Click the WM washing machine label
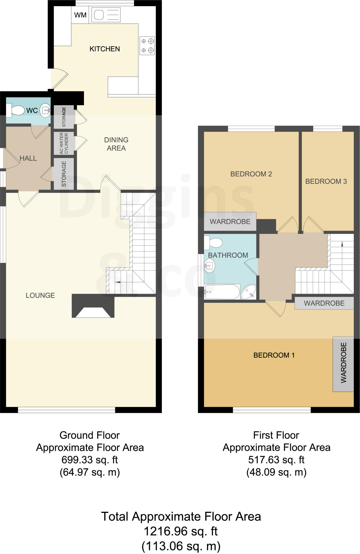point(80,15)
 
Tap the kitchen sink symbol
point(106,15)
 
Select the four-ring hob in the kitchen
point(147,46)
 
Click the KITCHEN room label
point(105,49)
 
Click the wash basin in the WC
point(45,110)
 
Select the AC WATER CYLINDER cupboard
point(64,143)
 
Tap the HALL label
point(28,158)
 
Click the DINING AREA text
point(116,144)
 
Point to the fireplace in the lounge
point(93,307)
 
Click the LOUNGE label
point(40,295)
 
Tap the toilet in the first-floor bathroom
point(214,243)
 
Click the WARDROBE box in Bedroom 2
point(230,222)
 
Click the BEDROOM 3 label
point(326,181)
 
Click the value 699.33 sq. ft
point(90,460)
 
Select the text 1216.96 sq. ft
point(181,532)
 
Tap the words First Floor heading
point(276,435)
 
